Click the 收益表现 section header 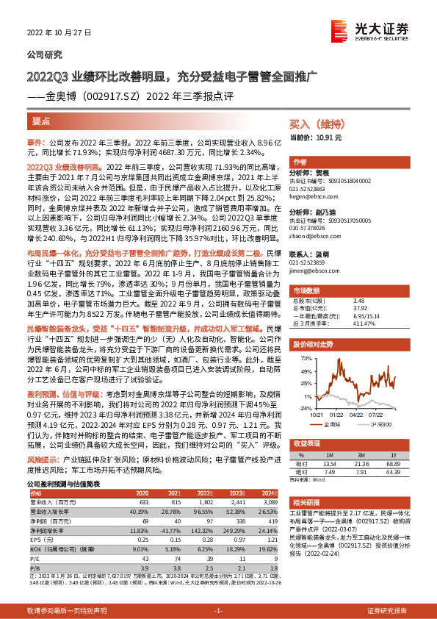tap(306, 443)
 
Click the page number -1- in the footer tap(217, 611)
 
